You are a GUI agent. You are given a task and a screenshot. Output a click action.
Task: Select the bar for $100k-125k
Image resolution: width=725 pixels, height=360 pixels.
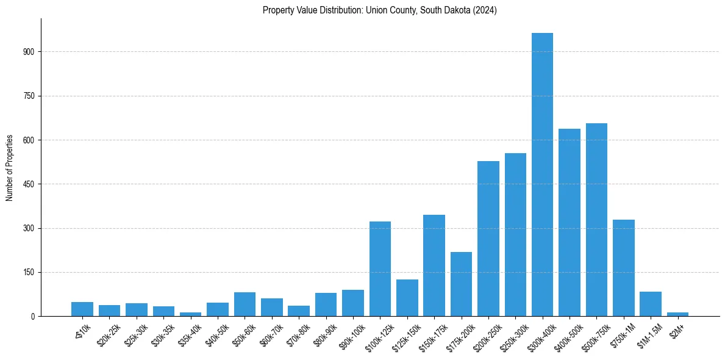pyautogui.click(x=380, y=268)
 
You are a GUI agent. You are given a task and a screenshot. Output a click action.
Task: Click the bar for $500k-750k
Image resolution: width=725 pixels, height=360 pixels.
pyautogui.click(x=596, y=220)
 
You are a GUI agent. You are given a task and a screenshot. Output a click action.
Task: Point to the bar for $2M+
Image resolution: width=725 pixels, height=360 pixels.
pyautogui.click(x=677, y=314)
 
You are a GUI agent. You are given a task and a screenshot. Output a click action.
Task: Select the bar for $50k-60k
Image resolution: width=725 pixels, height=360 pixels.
pyautogui.click(x=245, y=304)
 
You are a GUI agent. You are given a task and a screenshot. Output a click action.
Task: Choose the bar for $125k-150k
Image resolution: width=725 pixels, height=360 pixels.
pyautogui.click(x=407, y=298)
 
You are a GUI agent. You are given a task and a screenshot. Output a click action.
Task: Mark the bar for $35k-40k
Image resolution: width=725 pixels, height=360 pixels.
pyautogui.click(x=190, y=314)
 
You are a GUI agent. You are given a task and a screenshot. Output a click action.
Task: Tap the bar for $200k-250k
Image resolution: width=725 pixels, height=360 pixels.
pyautogui.click(x=488, y=239)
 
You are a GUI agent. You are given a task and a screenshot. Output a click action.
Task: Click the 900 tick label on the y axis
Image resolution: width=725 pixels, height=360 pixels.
pyautogui.click(x=29, y=52)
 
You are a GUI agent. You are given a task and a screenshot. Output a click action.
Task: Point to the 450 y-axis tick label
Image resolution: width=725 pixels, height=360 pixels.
pyautogui.click(x=29, y=184)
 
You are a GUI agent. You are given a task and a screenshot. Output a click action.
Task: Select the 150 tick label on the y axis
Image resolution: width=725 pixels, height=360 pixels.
pyautogui.click(x=29, y=272)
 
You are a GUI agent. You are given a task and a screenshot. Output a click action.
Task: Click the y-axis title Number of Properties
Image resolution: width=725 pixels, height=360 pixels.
pyautogui.click(x=10, y=167)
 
